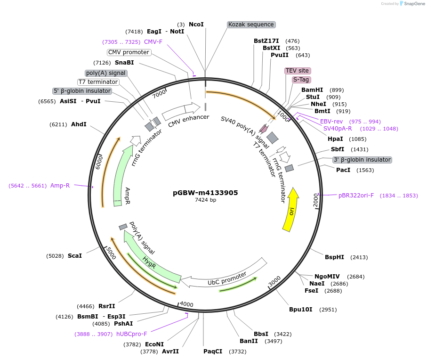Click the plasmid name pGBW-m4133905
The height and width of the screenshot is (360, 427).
tap(205, 193)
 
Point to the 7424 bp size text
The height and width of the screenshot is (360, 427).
tap(205, 200)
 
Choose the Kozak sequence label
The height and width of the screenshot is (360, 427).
tap(251, 25)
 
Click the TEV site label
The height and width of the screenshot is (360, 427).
tap(297, 71)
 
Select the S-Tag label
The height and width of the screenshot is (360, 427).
tap(301, 80)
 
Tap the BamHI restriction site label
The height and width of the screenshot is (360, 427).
tap(312, 90)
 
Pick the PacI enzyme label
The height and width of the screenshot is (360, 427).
tap(343, 170)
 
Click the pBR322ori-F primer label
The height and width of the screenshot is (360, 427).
tap(356, 196)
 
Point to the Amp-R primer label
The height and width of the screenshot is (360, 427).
tap(60, 186)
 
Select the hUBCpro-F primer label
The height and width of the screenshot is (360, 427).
tap(132, 334)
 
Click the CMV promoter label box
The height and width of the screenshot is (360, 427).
tap(129, 52)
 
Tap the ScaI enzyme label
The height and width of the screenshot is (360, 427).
tap(75, 256)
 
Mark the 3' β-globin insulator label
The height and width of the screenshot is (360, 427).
tap(362, 160)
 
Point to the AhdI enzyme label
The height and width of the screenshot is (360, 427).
tap(79, 124)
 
